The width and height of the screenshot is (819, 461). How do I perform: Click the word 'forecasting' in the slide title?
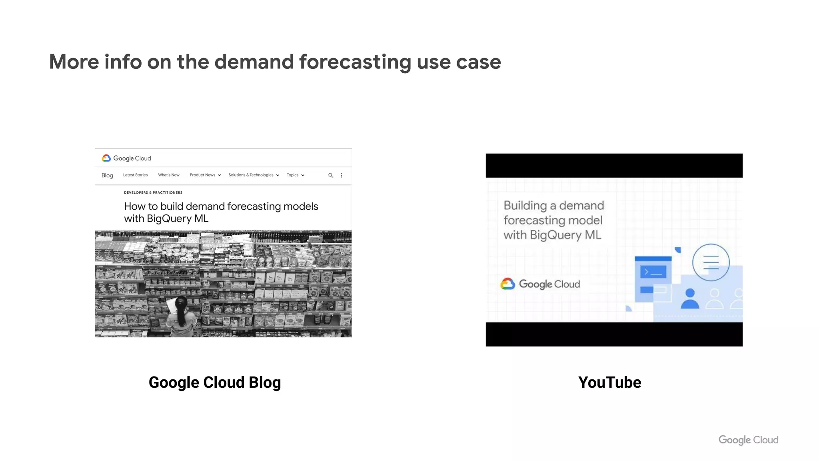point(355,62)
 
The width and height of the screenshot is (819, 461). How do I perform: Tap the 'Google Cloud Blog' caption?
point(215,383)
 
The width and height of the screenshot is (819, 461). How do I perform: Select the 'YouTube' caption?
point(609,383)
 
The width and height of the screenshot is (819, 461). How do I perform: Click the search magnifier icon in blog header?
point(331,175)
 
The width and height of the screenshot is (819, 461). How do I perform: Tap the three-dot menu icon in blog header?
point(341,175)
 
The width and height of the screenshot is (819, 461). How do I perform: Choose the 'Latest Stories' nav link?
point(135,175)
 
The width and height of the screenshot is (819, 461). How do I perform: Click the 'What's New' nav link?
point(168,175)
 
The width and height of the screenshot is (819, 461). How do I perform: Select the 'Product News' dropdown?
point(205,175)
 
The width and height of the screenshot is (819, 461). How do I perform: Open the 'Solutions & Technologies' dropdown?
point(254,175)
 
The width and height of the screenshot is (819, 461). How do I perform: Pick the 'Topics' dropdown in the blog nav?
point(296,175)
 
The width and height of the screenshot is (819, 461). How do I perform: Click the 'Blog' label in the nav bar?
point(107,175)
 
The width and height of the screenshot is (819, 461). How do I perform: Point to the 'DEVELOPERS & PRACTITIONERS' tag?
point(153,192)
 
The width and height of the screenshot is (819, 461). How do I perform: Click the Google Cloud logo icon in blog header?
point(106,158)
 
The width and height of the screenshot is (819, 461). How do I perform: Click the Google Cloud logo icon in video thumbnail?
point(508,284)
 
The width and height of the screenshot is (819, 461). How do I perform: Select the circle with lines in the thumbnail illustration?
point(711,263)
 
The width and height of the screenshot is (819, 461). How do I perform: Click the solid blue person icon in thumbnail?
point(690,299)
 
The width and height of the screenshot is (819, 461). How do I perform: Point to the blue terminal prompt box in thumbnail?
point(653,272)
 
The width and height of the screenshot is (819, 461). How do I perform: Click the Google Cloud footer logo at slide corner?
point(748,440)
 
